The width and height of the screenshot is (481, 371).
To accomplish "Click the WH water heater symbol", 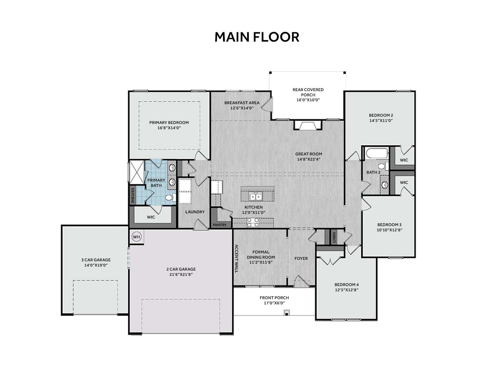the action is point(136,237).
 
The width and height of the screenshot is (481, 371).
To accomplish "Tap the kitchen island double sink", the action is point(256,196).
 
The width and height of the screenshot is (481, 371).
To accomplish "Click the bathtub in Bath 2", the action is point(377,153).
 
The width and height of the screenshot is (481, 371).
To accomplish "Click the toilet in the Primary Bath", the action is point(171,197).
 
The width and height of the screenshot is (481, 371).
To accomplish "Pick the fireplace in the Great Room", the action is point(308,125).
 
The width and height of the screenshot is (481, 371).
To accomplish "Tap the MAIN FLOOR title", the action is point(257,37).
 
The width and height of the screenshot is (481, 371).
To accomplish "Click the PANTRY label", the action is point(220,225).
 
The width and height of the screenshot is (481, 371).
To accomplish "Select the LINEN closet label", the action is point(334,237).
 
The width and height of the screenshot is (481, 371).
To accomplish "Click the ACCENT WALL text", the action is point(236,258).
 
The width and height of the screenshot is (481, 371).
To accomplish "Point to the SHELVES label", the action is point(133,195).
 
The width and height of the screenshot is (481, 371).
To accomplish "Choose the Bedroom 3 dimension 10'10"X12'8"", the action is point(389,230).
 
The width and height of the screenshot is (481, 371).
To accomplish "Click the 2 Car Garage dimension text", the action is point(181,274).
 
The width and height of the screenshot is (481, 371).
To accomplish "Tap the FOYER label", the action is point(301,258).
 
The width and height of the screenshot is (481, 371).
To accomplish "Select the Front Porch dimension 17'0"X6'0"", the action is point(274,303).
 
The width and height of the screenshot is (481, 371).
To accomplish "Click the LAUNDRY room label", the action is point(195,212).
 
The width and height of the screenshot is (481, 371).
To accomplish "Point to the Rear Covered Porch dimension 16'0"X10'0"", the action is point(308,100).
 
